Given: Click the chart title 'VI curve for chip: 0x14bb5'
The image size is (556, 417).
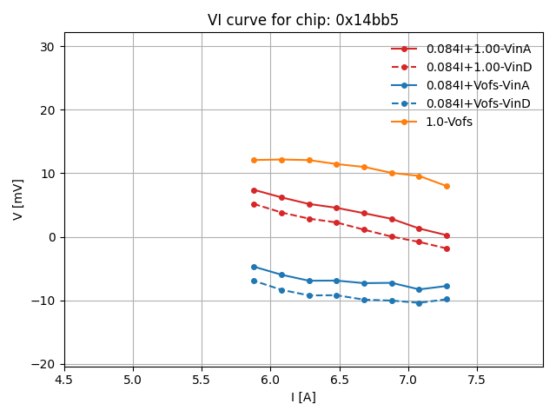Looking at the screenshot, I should click(303, 20).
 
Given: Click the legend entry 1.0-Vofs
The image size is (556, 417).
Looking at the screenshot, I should click(449, 122).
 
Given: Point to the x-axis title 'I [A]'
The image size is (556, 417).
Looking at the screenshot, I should click(303, 398).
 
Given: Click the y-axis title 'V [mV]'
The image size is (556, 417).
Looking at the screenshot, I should click(19, 200).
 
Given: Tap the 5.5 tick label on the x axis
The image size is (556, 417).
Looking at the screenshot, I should click(202, 380).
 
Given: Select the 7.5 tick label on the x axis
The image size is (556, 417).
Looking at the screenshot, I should click(477, 380).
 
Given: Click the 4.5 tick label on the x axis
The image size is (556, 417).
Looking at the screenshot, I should click(64, 380).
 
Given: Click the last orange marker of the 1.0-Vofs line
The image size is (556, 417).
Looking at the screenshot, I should click(447, 186).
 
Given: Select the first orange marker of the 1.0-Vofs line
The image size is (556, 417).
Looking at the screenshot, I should click(254, 160).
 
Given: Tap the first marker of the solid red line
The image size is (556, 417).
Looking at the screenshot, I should click(254, 190).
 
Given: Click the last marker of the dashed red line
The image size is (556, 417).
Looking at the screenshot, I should click(447, 248).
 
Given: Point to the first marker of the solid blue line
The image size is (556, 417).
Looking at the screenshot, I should click(254, 267).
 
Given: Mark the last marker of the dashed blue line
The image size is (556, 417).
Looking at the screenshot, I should click(447, 299).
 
